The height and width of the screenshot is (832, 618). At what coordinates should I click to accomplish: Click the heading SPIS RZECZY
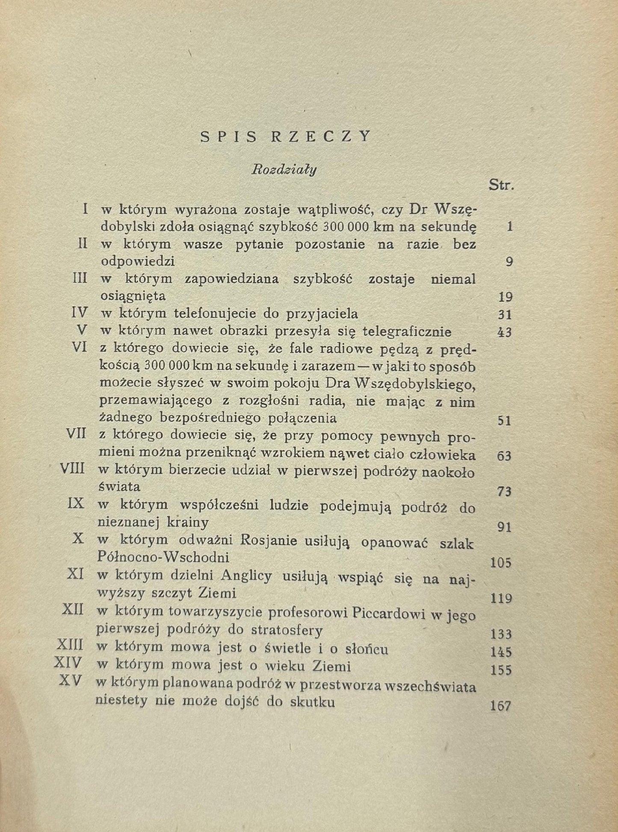coord(286,136)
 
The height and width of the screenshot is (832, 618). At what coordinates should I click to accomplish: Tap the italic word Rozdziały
coord(284,170)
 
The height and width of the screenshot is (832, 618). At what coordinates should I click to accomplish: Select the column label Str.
coord(501,186)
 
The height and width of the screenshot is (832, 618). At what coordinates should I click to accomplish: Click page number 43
coord(505,332)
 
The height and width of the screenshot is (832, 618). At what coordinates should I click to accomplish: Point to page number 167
coord(501,705)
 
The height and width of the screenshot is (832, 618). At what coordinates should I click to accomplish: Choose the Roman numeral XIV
coord(68,663)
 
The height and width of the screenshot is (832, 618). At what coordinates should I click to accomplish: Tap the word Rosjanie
coord(269,540)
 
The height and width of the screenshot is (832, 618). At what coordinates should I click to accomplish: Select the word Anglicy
coord(246,576)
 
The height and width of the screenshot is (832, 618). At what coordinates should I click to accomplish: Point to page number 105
coord(501,562)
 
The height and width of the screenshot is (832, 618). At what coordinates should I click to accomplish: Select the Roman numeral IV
coord(79,313)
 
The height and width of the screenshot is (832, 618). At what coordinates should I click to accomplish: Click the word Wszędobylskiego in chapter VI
coord(414,384)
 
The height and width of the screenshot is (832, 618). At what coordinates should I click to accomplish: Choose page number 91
coord(505,527)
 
